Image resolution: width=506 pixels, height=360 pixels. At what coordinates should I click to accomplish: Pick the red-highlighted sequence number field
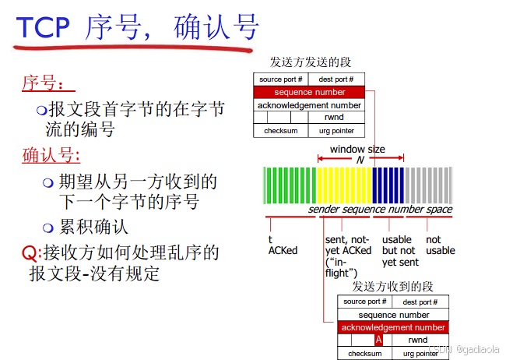[309, 92]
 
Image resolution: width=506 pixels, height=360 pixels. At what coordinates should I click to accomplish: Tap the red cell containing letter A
[378, 340]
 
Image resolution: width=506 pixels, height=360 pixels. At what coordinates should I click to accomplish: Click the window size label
[357, 149]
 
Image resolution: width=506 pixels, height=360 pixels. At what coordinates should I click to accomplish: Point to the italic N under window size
[360, 159]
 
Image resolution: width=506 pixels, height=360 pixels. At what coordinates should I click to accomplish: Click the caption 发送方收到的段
[392, 287]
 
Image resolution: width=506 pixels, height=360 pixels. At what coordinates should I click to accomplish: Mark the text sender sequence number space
[380, 209]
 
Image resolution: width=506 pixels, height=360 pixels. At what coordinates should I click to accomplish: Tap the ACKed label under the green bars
[283, 250]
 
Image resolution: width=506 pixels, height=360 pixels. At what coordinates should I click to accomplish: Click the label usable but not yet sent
[399, 251]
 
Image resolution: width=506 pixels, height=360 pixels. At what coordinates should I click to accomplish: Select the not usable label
[440, 245]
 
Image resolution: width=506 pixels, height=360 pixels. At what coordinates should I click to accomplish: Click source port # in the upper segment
[281, 79]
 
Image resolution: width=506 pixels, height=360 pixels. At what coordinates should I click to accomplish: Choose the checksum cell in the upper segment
[280, 131]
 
